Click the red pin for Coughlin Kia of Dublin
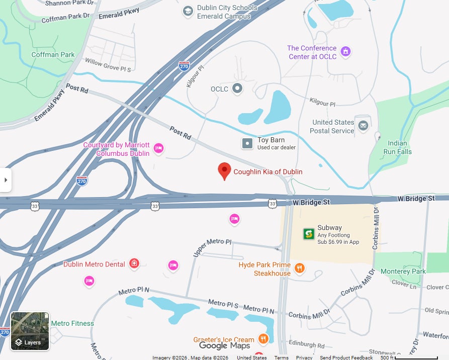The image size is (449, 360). (x=224, y=170)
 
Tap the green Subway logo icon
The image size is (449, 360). (x=309, y=234)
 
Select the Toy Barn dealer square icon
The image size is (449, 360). (x=247, y=144)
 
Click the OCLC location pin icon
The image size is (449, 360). (x=237, y=89)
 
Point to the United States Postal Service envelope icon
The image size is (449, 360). (x=363, y=126)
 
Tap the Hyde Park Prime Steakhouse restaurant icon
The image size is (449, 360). (x=299, y=268)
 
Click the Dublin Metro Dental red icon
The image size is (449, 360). (x=134, y=263)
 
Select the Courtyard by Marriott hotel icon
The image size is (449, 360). (x=158, y=148)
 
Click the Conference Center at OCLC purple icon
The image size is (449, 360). (x=345, y=51)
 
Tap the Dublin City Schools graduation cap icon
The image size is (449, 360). (x=188, y=11)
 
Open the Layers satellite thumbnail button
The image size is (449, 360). (x=30, y=331)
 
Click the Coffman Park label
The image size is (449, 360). (x=53, y=54)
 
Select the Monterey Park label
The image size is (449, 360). (x=403, y=272)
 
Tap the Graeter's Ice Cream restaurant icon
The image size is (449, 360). (x=262, y=338)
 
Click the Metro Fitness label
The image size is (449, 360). (x=72, y=324)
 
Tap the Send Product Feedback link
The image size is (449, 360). (x=346, y=357)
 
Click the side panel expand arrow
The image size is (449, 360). (x=5, y=180)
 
